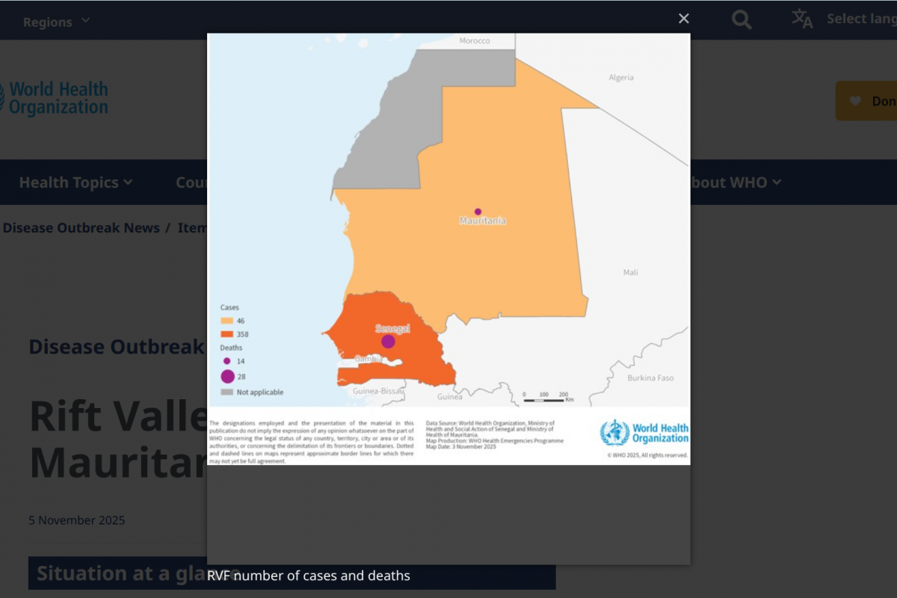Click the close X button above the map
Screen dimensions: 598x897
point(683,19)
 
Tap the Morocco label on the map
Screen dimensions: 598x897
point(475,40)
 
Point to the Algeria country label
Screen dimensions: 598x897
point(620,78)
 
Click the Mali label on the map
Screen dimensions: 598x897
point(631,273)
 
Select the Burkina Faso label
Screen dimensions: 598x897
point(650,378)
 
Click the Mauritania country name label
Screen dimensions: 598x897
point(482,221)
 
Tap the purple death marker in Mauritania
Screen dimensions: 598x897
point(478,212)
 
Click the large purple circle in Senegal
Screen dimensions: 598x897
point(388,342)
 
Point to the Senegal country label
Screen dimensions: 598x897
point(392,329)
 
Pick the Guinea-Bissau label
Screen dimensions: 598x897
point(378,391)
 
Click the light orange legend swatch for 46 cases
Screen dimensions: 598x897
point(226,321)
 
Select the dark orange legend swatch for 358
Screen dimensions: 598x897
point(226,333)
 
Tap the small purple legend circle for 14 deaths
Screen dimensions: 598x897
point(226,361)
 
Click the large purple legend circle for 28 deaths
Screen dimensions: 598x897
point(227,377)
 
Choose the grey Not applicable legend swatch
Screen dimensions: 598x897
point(226,392)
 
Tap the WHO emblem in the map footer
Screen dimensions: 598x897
point(614,433)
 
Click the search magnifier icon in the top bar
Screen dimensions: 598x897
point(742,20)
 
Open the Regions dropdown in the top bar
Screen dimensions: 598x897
point(56,22)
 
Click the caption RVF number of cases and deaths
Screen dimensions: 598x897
point(309,576)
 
